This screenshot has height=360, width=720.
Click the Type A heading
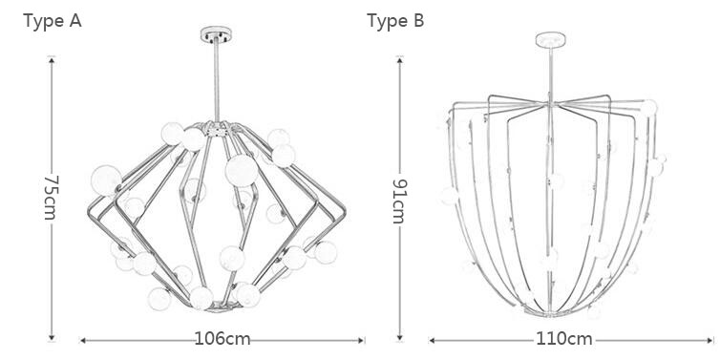(53, 21)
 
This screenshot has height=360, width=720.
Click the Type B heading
(395, 21)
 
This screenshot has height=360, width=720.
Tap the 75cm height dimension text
(51, 198)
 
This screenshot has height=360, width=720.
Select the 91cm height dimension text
(399, 201)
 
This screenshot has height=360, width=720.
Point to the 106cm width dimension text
(222, 339)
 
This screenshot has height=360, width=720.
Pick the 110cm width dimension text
(564, 339)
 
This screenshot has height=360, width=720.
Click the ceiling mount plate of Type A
(216, 34)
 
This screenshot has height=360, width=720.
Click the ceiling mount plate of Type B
(551, 39)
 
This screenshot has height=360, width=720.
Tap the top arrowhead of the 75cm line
(52, 60)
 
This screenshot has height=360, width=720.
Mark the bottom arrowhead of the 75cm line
(52, 337)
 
